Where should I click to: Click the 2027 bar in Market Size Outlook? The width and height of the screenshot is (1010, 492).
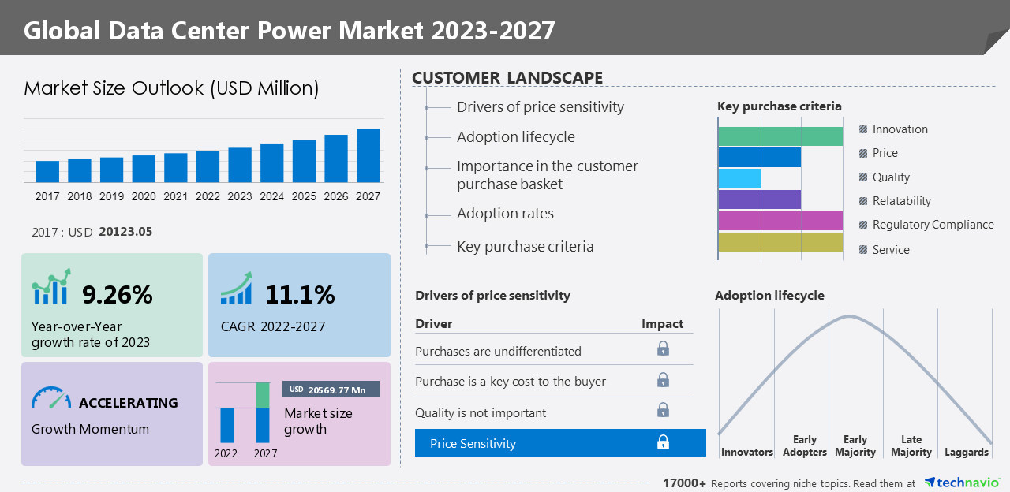point(368,155)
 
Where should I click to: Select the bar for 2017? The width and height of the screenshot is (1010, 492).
point(47,171)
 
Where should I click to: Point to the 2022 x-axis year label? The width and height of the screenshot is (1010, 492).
point(208,197)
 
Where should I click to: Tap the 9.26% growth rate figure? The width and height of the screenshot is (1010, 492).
point(118,295)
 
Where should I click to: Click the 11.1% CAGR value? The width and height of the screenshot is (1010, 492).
point(300,295)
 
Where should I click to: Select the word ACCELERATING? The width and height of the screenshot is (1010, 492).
point(128,403)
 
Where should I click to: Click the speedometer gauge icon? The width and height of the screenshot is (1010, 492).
point(50,397)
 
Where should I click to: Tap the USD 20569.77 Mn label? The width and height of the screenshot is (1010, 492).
point(331,389)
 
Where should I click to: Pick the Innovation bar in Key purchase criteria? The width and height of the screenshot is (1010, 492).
point(780,136)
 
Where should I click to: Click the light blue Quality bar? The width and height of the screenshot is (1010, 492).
point(739,178)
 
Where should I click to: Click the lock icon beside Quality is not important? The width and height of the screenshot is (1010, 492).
point(663,411)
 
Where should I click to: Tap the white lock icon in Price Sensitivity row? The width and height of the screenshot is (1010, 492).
point(663,443)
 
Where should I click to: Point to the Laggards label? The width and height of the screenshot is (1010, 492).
point(966,453)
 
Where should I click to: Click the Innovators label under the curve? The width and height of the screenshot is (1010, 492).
point(746,453)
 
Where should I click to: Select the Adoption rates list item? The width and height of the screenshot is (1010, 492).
point(505,214)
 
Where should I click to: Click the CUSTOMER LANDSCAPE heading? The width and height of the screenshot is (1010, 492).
point(507,77)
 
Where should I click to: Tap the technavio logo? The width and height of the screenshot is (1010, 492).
point(961,483)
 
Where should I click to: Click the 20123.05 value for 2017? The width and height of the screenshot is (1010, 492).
point(125,232)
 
